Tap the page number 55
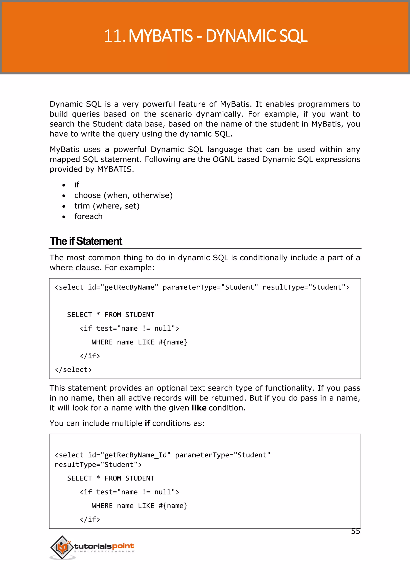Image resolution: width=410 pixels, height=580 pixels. (x=356, y=531)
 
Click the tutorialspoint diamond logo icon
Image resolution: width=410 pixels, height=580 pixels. (x=62, y=547)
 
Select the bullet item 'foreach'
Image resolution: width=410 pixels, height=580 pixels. (x=88, y=216)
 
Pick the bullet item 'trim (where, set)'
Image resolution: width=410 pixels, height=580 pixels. (x=107, y=206)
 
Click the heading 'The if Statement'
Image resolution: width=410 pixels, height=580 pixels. (x=86, y=241)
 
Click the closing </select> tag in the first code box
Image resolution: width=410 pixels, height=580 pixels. (x=73, y=370)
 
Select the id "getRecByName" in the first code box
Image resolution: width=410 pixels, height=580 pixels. (x=129, y=287)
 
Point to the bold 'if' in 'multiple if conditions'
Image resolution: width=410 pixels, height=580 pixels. (x=147, y=423)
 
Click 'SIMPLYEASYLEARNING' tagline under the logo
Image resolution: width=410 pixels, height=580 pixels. (x=104, y=551)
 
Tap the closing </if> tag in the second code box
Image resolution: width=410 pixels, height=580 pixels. (x=90, y=519)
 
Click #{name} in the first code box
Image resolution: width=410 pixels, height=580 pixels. (x=173, y=342)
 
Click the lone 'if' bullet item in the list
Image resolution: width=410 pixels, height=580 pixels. (x=76, y=185)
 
